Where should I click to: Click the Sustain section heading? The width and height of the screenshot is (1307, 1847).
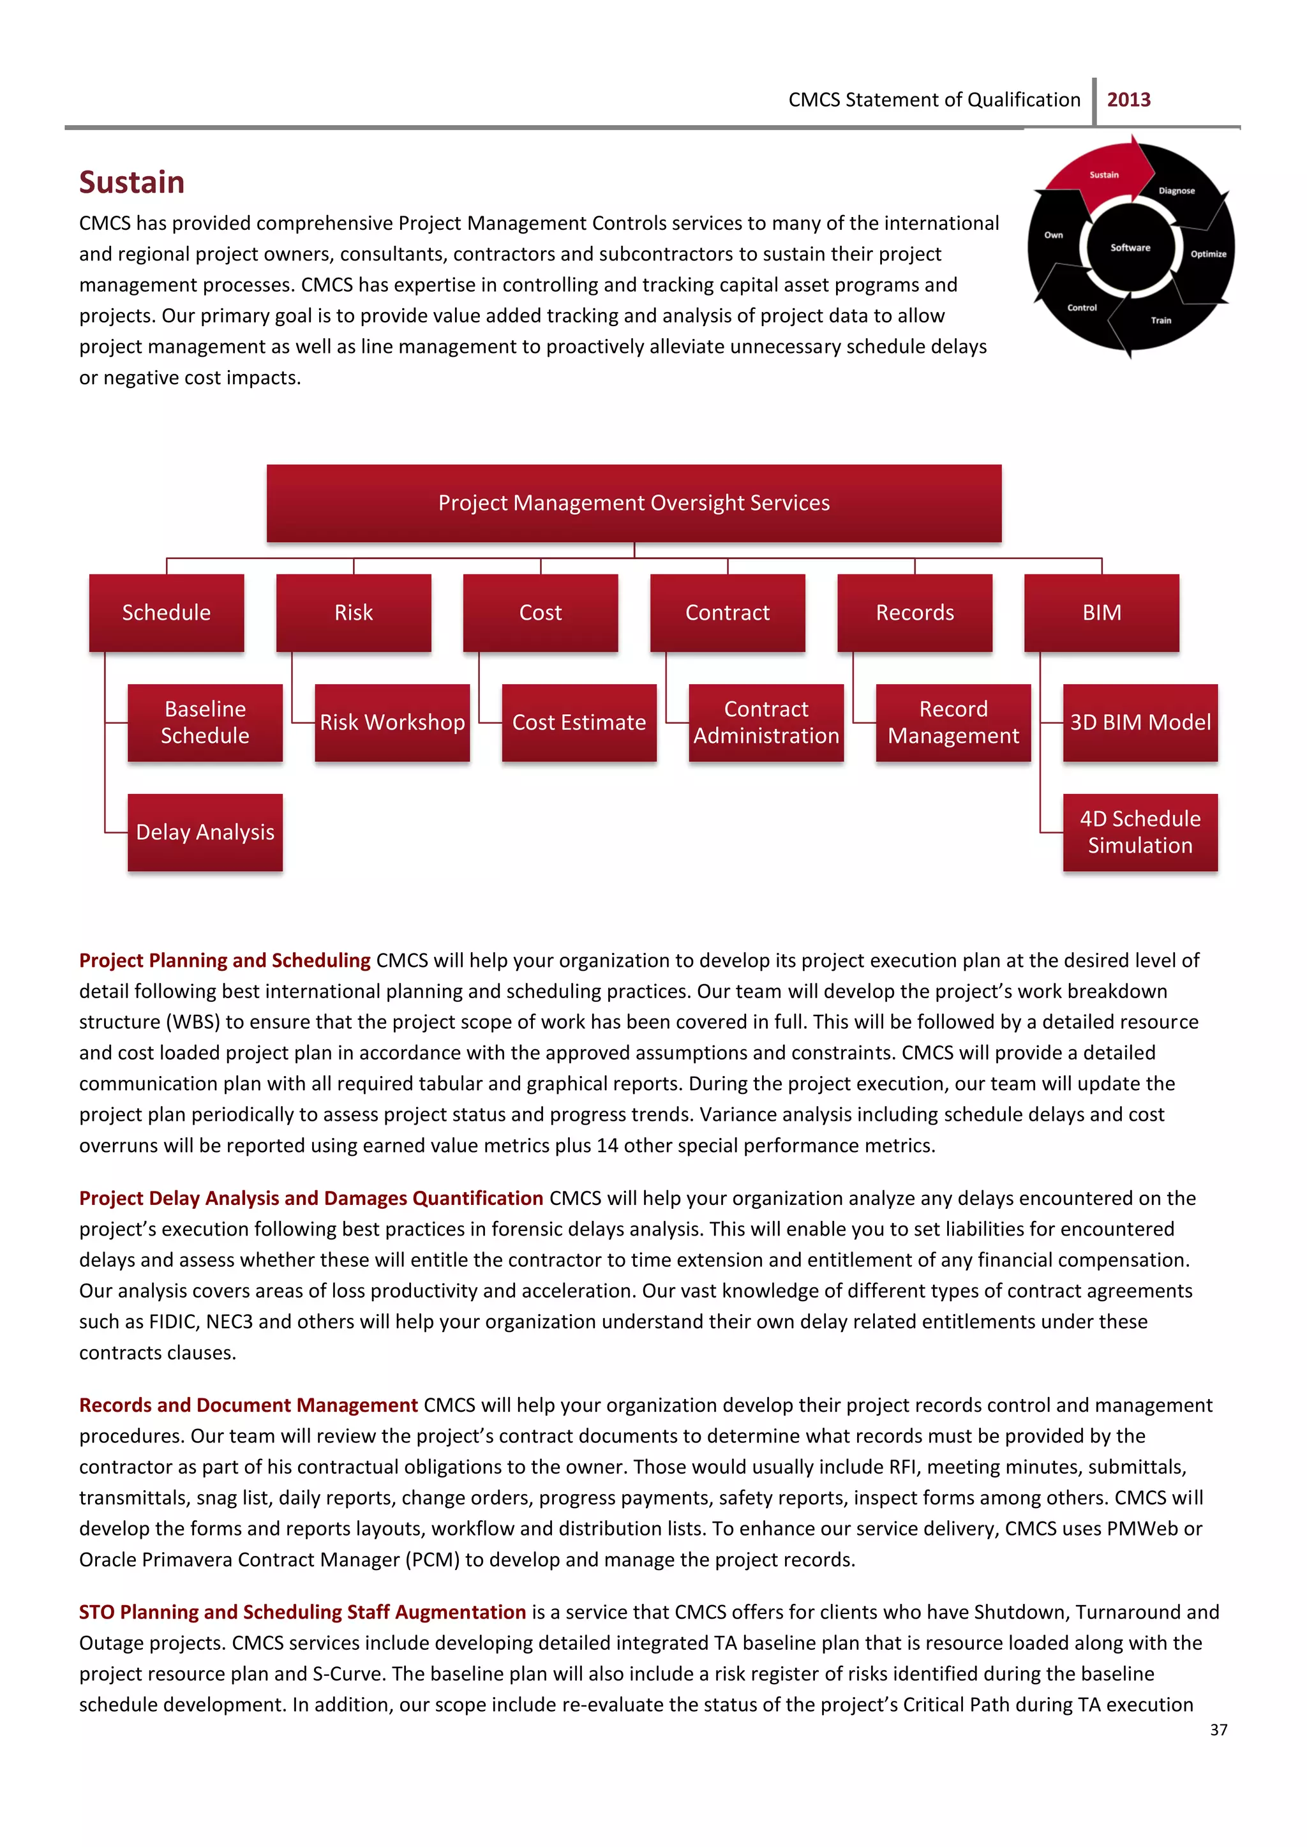coord(132,183)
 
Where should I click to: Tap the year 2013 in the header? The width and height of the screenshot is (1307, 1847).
coord(1128,100)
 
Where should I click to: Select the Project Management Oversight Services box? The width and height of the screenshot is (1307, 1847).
coord(633,503)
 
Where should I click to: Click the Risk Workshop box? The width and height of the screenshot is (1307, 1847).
coord(392,722)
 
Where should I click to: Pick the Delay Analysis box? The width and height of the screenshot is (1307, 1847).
coord(205,832)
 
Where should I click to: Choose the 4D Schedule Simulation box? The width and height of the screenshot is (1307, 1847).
coord(1140,832)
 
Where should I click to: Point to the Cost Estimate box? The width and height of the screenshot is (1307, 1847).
coord(579,722)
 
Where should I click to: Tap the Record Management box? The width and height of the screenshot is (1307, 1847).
coord(953,722)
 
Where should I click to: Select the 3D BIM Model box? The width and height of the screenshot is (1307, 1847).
coord(1140,722)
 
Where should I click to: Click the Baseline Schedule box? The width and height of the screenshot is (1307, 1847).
coord(205,722)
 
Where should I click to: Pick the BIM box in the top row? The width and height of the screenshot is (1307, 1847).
coord(1101,613)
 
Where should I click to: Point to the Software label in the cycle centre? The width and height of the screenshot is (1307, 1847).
coord(1130,248)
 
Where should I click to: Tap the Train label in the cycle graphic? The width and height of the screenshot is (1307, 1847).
coord(1160,320)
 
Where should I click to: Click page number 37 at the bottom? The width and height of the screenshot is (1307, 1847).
coord(1218,1730)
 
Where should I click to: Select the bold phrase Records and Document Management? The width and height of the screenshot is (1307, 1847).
coord(248,1405)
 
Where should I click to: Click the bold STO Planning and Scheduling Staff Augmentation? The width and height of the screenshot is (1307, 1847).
coord(302,1612)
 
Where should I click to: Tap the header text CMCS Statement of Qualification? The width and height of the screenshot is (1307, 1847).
coord(934,100)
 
